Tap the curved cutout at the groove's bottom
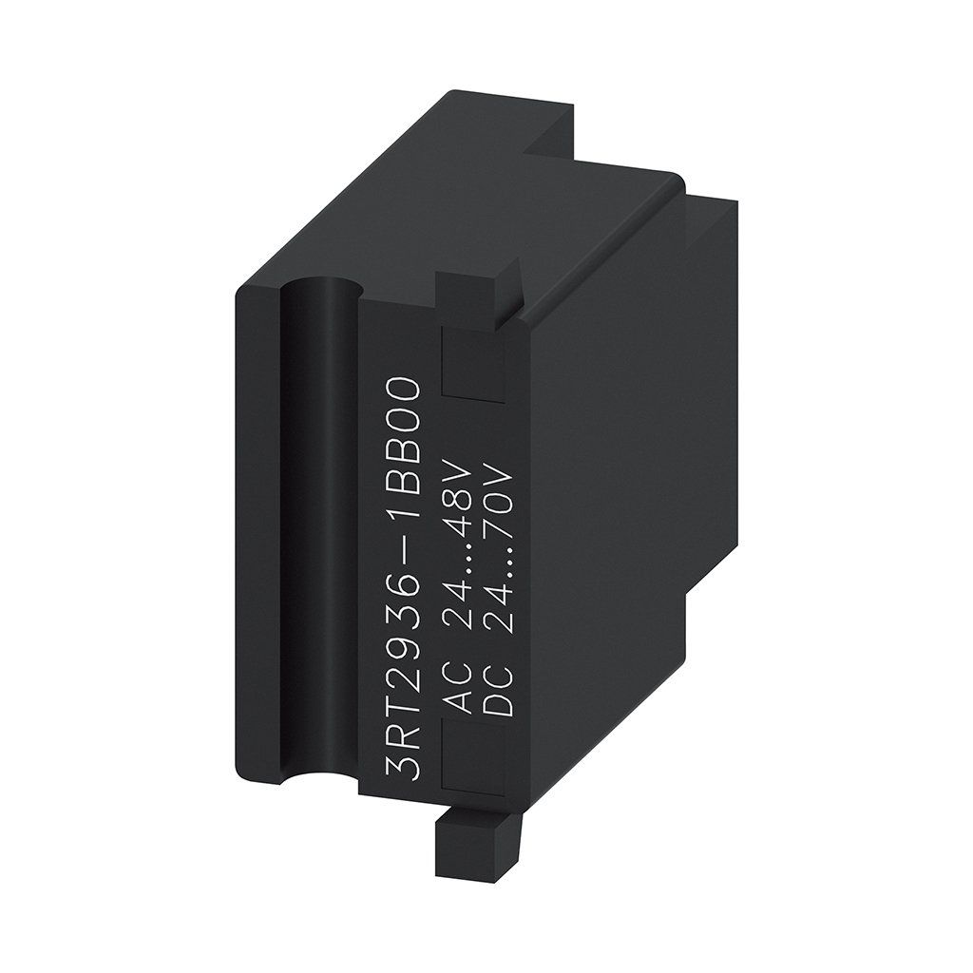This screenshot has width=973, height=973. [x=319, y=784]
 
